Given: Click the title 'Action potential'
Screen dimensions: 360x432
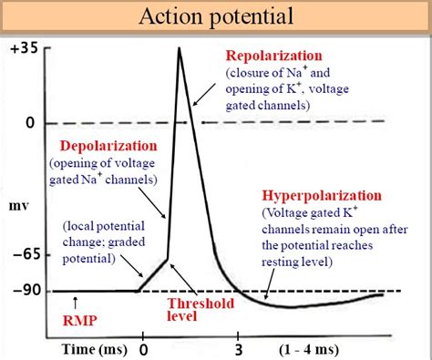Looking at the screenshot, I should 215,16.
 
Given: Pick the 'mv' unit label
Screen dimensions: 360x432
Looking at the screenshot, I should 19,206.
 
